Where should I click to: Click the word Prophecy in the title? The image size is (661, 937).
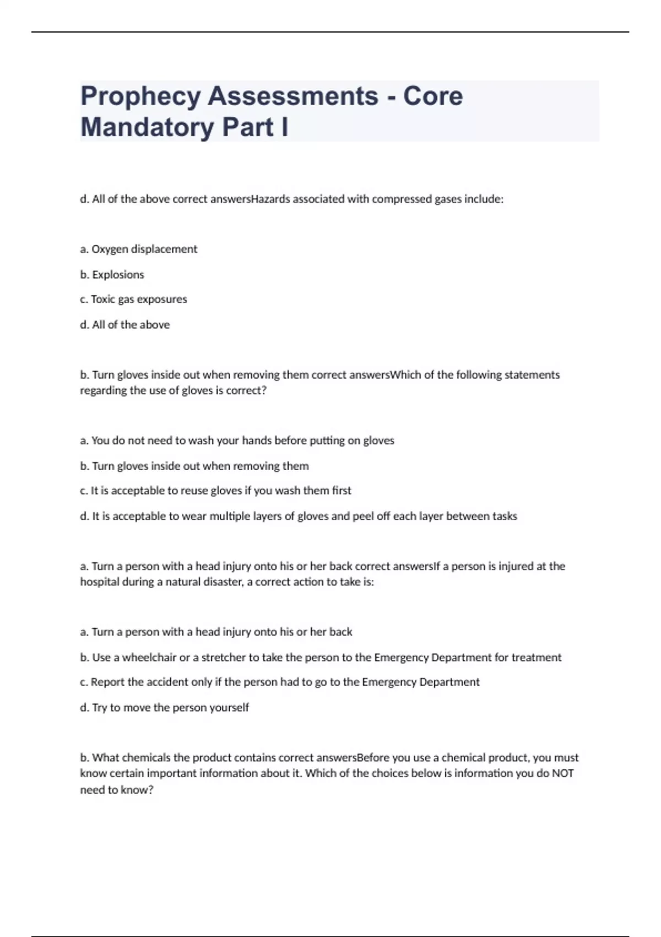140,97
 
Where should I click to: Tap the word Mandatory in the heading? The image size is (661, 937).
147,127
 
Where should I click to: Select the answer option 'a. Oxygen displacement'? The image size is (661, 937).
139,249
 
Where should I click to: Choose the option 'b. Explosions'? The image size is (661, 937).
112,274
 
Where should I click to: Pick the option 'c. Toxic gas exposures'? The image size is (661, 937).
134,299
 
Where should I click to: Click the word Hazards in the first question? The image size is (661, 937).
270,199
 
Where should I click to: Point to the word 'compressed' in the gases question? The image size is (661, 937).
402,199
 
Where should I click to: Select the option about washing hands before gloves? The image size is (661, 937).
237,440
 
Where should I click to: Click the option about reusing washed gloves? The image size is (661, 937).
216,491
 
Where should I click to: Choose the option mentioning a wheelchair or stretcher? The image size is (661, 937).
321,657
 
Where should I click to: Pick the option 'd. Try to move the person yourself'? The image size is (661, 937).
165,707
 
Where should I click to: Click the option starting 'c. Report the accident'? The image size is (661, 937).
280,682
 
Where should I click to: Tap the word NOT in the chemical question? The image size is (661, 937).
562,773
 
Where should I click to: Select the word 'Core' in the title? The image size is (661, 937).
433,97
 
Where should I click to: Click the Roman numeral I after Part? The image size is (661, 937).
284,127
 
